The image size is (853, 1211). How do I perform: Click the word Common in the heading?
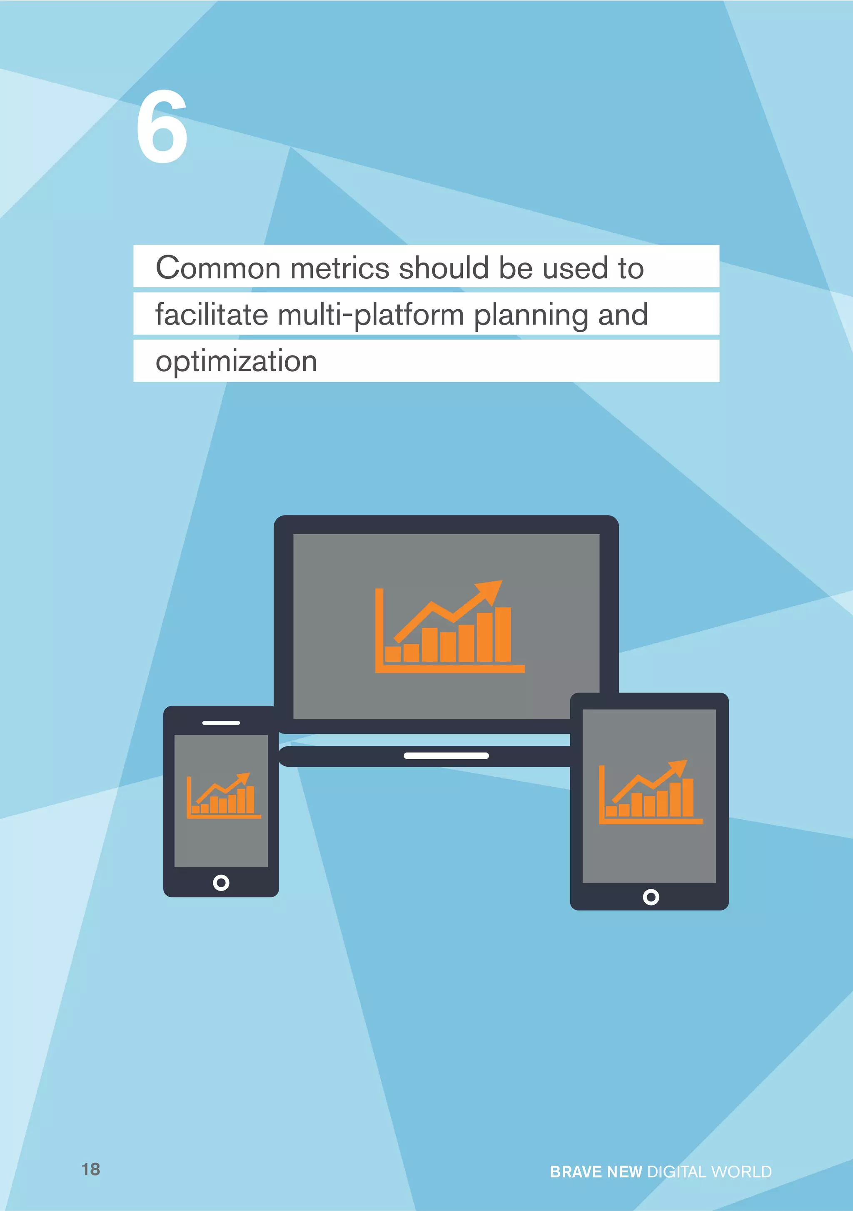(x=218, y=268)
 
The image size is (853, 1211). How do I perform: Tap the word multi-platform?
(x=370, y=315)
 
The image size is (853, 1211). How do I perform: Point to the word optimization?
(x=236, y=362)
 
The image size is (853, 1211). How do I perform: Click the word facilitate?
(x=212, y=315)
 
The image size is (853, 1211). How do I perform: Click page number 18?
(x=91, y=1169)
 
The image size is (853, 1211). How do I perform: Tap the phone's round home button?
(x=221, y=882)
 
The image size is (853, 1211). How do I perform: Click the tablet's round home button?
(x=651, y=897)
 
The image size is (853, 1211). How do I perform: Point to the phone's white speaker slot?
(x=221, y=723)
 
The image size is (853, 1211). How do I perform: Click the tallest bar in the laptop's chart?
(x=503, y=635)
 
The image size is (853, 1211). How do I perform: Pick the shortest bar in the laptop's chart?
(x=393, y=654)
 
